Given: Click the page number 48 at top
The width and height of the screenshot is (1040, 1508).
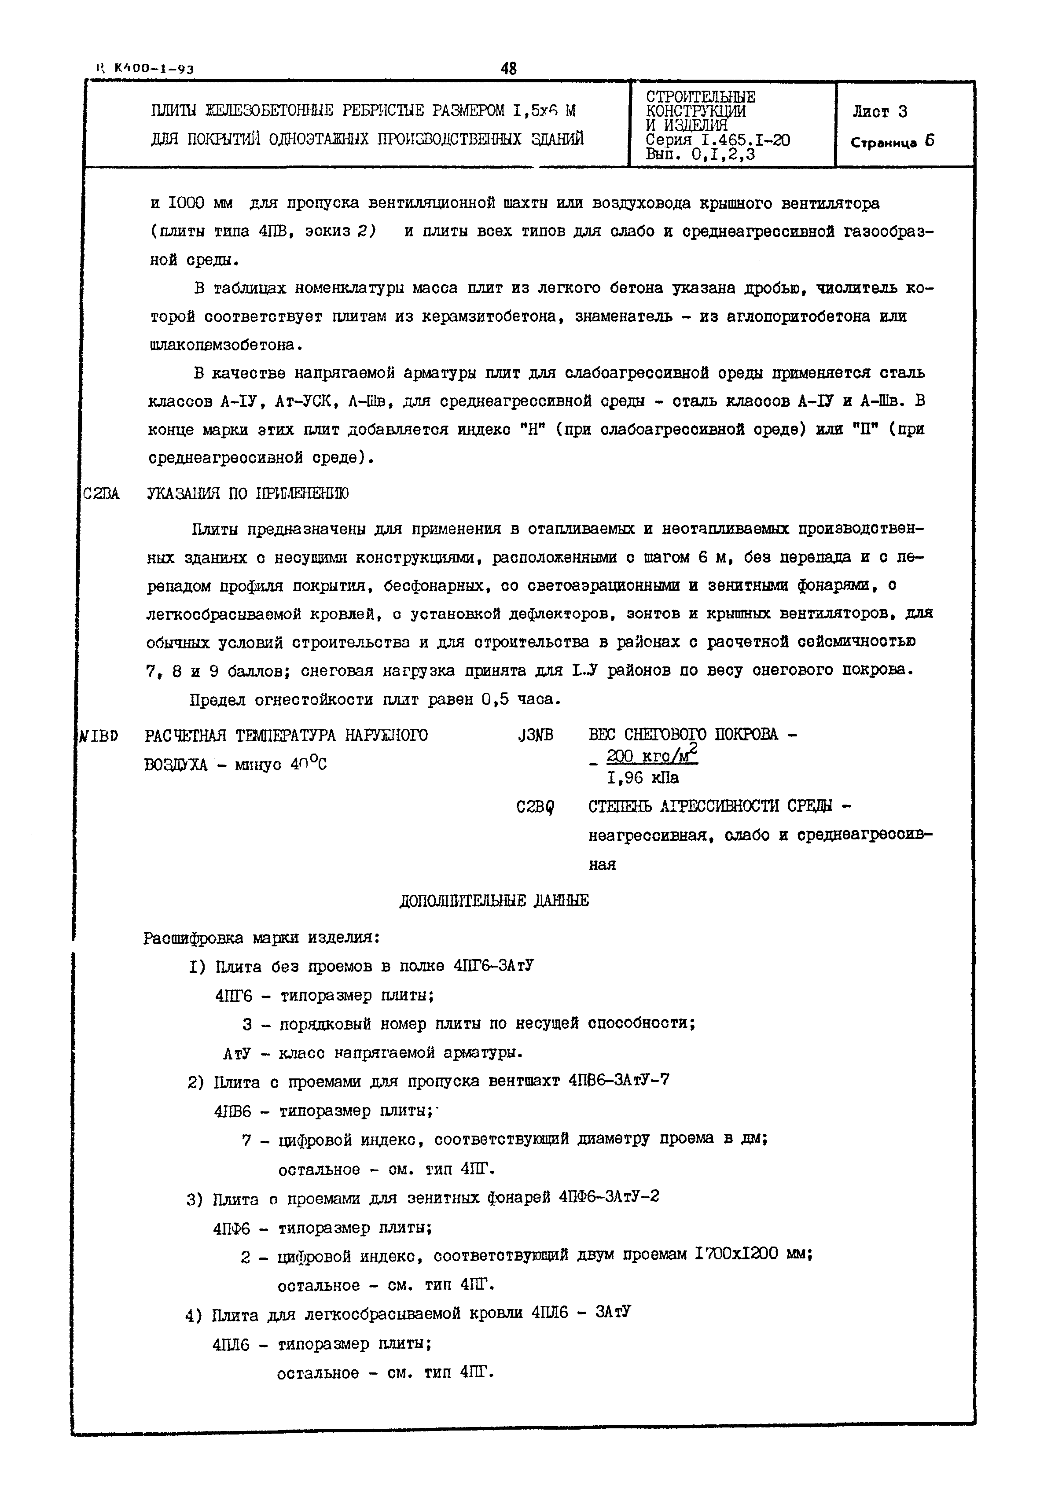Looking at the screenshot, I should pos(509,68).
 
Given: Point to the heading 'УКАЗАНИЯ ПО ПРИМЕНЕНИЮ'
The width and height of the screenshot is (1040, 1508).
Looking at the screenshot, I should pos(248,493).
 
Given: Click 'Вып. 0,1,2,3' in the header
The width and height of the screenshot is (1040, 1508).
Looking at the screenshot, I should pos(700,154).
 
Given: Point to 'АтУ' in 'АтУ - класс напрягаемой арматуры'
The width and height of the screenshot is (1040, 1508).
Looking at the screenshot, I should pos(236,1053).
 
